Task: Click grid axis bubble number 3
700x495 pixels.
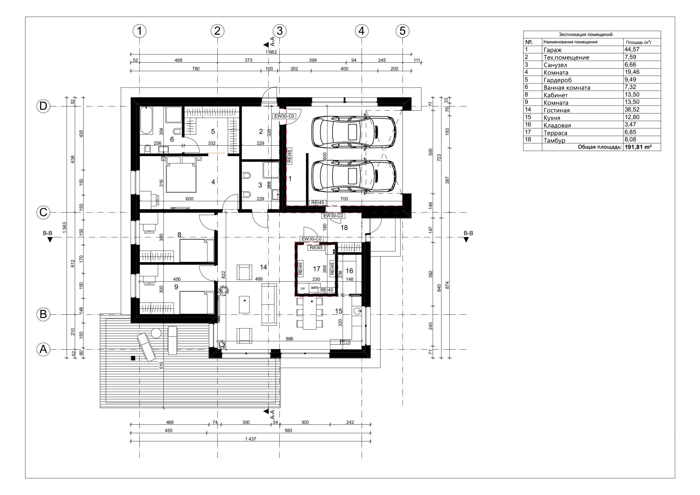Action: point(279,31)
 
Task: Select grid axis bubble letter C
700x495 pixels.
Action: point(43,212)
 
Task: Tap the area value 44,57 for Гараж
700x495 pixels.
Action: point(632,49)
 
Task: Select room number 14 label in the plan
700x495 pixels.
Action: point(263,267)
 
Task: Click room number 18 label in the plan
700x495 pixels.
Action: point(344,228)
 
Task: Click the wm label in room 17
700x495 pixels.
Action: point(314,287)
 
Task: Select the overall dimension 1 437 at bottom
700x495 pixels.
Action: point(250,439)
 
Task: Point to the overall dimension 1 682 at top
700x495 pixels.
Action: point(271,52)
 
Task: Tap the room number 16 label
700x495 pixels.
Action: point(349,271)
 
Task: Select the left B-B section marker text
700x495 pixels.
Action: point(48,233)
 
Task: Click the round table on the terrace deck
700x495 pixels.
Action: point(156,333)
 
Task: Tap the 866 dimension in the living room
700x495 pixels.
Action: point(289,339)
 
